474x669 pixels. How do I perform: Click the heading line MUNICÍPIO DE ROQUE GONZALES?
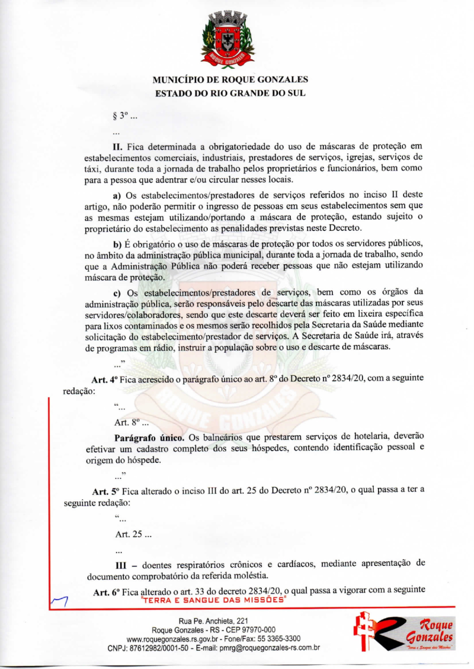click(x=230, y=79)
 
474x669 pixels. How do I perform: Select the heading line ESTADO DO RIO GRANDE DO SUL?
click(x=230, y=93)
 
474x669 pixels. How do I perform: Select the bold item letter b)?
click(x=117, y=246)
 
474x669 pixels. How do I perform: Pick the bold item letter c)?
click(x=117, y=293)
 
